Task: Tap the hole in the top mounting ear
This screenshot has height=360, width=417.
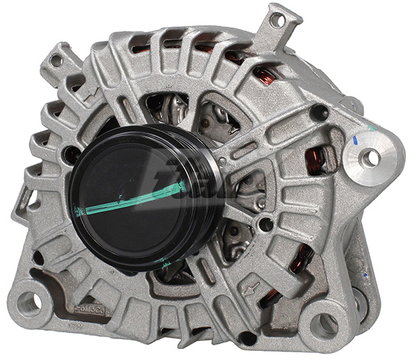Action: click(277, 21)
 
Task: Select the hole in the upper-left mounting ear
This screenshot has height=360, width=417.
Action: click(56, 61)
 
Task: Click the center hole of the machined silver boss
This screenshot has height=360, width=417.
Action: click(370, 158)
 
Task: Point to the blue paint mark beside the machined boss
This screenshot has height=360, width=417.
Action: click(355, 140)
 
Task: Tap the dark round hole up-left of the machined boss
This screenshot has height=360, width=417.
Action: click(318, 112)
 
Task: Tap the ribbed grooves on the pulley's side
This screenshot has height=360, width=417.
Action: click(207, 202)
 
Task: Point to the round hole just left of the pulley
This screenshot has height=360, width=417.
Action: click(67, 155)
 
